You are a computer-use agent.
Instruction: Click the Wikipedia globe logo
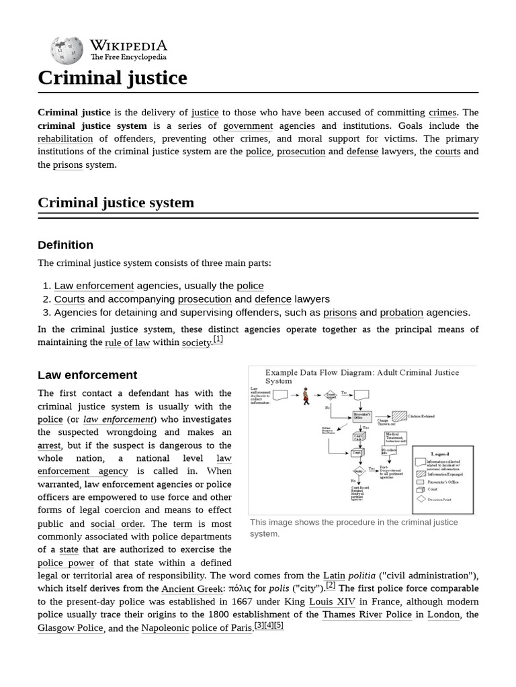tap(67, 50)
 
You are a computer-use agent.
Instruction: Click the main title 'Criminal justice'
tap(112, 78)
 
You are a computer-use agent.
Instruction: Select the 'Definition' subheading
tap(65, 245)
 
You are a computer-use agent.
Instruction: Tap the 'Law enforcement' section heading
tap(87, 375)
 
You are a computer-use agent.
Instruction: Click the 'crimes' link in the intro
tap(442, 113)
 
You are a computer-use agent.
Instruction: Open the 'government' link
tap(248, 126)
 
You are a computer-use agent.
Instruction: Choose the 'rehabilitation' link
tap(65, 139)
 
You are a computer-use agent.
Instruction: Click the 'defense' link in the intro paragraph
tap(362, 152)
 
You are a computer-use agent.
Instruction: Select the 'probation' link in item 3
tap(401, 313)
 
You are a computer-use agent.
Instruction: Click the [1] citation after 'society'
tap(218, 339)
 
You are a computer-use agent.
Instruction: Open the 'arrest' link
tap(50, 445)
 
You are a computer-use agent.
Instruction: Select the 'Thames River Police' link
tap(367, 615)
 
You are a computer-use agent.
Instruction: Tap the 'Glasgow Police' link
tap(71, 628)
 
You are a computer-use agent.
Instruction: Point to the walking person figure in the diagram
tap(306, 396)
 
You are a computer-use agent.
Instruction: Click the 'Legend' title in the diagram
tap(440, 454)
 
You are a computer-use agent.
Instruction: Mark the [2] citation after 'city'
tap(331, 585)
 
